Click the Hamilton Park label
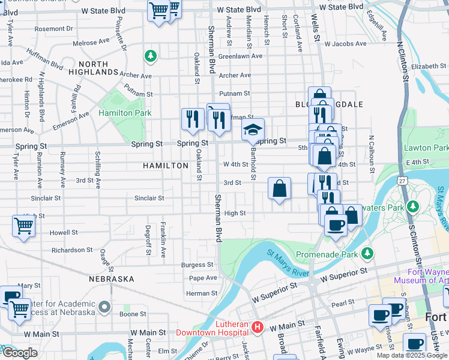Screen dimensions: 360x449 click(x=125, y=113)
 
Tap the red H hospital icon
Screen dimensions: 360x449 click(x=258, y=327)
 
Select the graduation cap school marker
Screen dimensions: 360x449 click(x=253, y=129)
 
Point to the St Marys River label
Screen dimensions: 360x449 click(x=288, y=263)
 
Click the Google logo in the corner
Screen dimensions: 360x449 click(x=19, y=353)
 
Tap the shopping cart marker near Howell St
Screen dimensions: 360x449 click(x=23, y=226)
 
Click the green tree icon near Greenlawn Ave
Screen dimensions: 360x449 click(x=149, y=56)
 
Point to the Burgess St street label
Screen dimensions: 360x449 click(x=197, y=264)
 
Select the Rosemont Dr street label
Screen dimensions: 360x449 click(x=53, y=28)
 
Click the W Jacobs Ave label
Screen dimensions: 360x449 click(x=344, y=44)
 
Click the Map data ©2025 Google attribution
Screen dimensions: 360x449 click(x=411, y=355)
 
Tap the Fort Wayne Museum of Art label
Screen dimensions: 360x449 click(x=421, y=275)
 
